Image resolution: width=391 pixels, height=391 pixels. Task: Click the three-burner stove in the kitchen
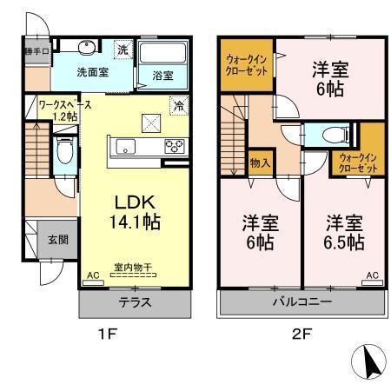(173, 146)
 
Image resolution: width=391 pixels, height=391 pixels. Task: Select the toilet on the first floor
(63, 154)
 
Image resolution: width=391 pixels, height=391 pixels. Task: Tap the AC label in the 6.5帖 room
(372, 275)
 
